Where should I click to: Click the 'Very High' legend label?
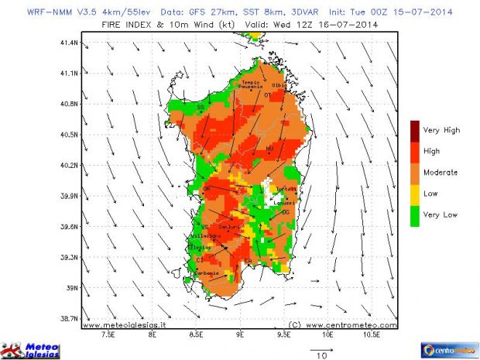tap(442, 130)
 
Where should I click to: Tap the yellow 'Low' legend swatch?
tap(416, 193)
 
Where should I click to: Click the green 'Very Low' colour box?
tap(416, 214)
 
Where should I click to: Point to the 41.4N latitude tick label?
tap(69, 43)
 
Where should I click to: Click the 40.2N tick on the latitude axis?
tap(69, 165)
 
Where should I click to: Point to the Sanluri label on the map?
tap(230, 226)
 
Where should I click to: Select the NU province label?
tap(269, 148)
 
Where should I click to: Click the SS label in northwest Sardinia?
tap(201, 107)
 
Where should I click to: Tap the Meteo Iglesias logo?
tap(35, 348)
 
